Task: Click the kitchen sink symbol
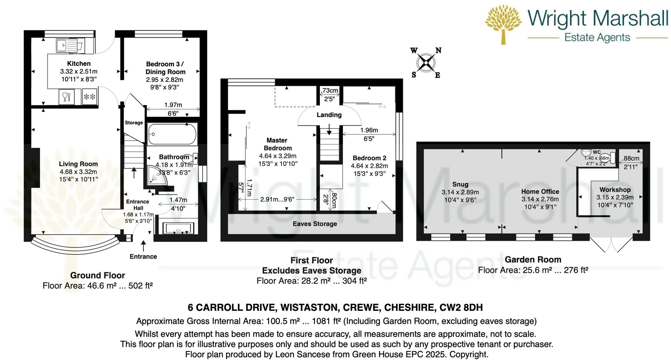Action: [x=70, y=46]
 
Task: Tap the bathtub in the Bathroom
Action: [x=172, y=134]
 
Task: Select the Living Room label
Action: [x=78, y=164]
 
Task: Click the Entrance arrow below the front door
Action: [x=143, y=246]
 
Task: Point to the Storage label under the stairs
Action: [x=134, y=123]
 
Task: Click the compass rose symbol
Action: [x=426, y=63]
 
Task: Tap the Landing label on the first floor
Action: [x=329, y=115]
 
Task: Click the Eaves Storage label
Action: [x=315, y=224]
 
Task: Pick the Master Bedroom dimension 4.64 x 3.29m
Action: [x=278, y=156]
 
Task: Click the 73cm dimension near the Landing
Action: [x=330, y=91]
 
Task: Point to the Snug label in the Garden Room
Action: [x=460, y=184]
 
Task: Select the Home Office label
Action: [x=540, y=192]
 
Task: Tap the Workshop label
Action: [x=615, y=190]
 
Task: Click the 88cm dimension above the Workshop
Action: [x=631, y=159]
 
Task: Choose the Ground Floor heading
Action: [x=97, y=275]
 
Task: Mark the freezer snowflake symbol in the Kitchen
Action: [x=89, y=97]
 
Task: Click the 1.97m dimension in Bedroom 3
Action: [x=173, y=105]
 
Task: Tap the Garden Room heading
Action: [x=533, y=260]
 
